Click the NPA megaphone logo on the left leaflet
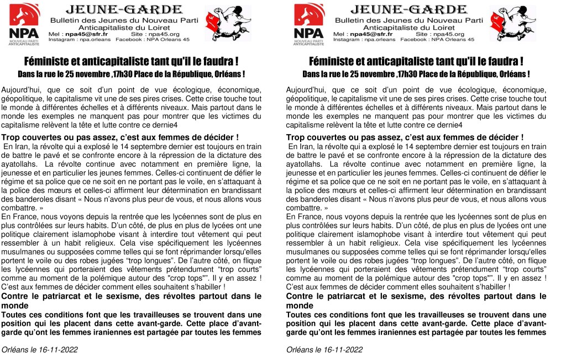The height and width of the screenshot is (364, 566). point(24,25)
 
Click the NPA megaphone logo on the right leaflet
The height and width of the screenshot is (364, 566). point(309,25)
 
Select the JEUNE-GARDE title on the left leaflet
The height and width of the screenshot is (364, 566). point(124,10)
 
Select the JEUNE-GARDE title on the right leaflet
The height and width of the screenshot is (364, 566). point(409,10)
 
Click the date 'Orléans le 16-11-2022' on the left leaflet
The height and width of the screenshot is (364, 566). point(40,350)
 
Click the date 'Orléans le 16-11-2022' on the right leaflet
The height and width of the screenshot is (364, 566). point(325,350)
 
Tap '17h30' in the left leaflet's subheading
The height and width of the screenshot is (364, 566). point(126,73)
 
